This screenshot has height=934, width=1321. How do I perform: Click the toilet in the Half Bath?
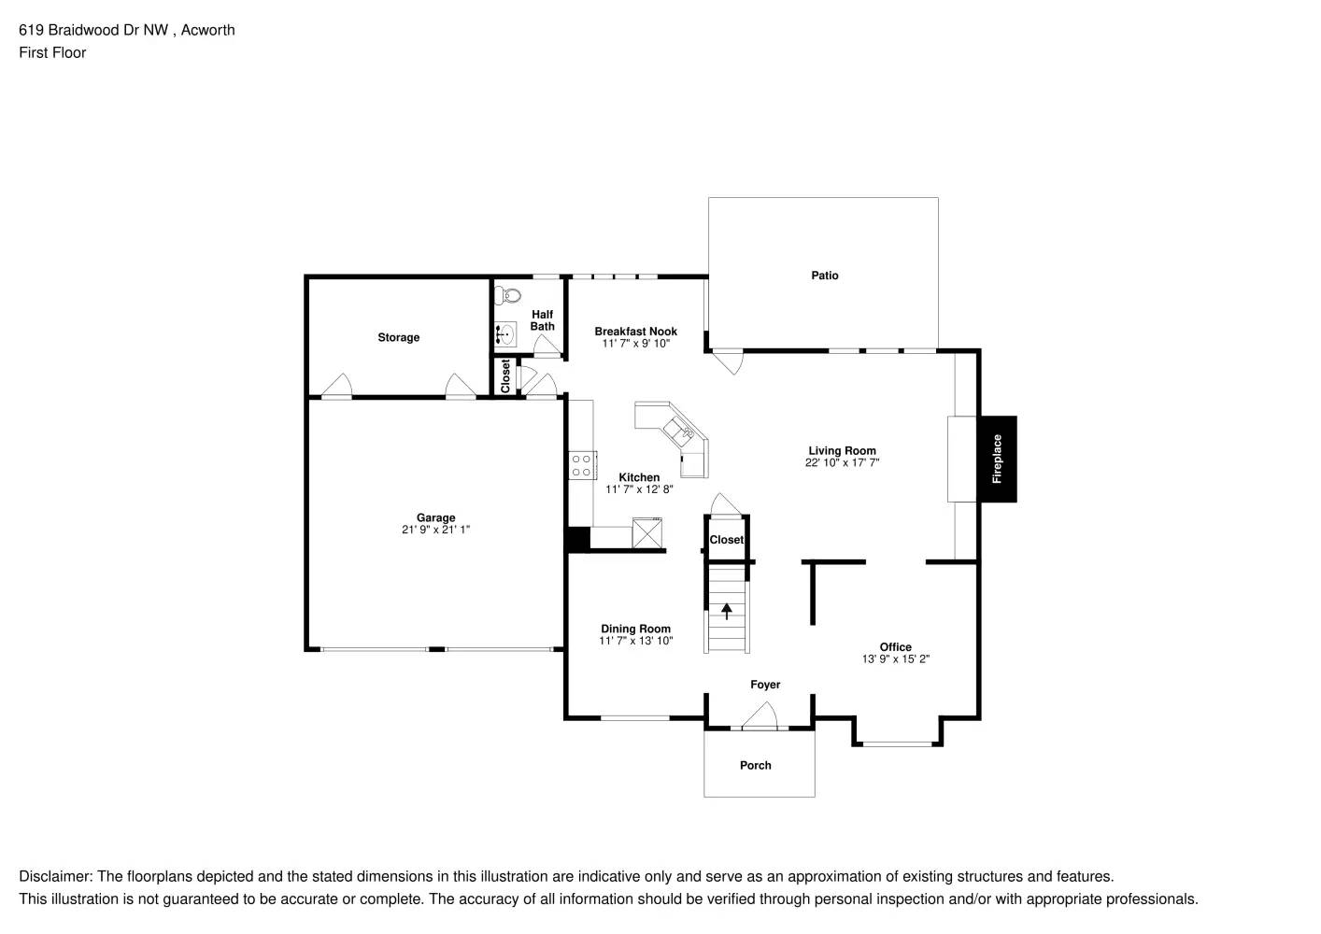coord(510,296)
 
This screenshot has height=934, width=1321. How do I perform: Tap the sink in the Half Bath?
coord(505,333)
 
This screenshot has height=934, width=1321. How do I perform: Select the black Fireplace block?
coord(997,459)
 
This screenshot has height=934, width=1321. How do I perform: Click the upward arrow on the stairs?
coord(727,612)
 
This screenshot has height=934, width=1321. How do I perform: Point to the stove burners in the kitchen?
coord(581,464)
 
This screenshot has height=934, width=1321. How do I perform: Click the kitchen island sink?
coord(679,432)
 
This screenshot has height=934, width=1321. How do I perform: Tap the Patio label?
coord(824,276)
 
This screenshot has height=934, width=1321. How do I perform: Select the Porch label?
coord(755,765)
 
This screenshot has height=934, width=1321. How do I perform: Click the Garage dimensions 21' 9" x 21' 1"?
coord(435,531)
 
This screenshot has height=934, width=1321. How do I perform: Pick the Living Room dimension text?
coord(842,462)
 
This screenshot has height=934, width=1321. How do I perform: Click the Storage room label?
coord(398,337)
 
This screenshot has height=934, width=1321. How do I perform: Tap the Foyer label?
coord(765,685)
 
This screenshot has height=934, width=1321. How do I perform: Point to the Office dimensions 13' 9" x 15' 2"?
coord(895,659)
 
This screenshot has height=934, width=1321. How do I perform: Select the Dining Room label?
coord(635,629)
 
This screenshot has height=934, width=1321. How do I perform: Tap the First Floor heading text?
coord(52,52)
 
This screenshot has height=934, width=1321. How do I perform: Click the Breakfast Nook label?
coord(635,332)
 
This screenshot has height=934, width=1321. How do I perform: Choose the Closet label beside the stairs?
coord(726,540)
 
